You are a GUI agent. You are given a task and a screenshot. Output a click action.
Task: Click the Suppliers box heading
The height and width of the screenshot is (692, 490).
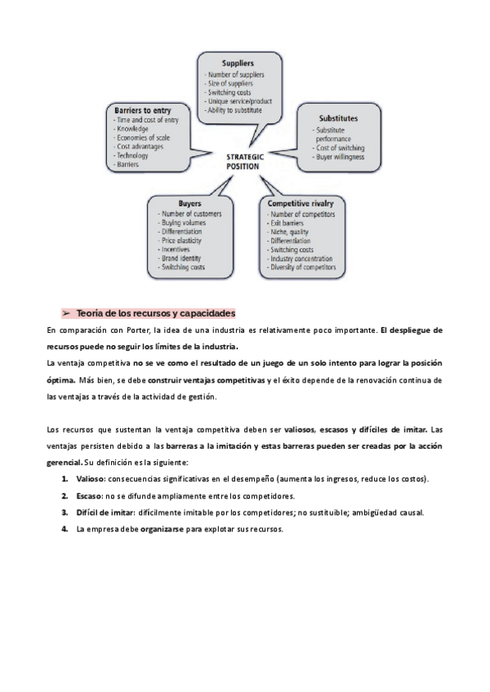238,63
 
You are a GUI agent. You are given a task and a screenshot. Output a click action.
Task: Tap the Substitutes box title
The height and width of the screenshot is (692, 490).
338,118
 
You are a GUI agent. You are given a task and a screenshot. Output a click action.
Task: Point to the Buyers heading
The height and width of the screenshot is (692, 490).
189,203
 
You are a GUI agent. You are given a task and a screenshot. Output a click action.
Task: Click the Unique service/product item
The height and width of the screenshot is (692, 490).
239,100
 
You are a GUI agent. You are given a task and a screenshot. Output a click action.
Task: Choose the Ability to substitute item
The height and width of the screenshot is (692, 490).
238,109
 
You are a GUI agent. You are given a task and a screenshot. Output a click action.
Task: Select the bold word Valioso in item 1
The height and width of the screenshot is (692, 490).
90,478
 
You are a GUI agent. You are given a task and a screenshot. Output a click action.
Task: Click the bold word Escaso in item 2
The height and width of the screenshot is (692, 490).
88,495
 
